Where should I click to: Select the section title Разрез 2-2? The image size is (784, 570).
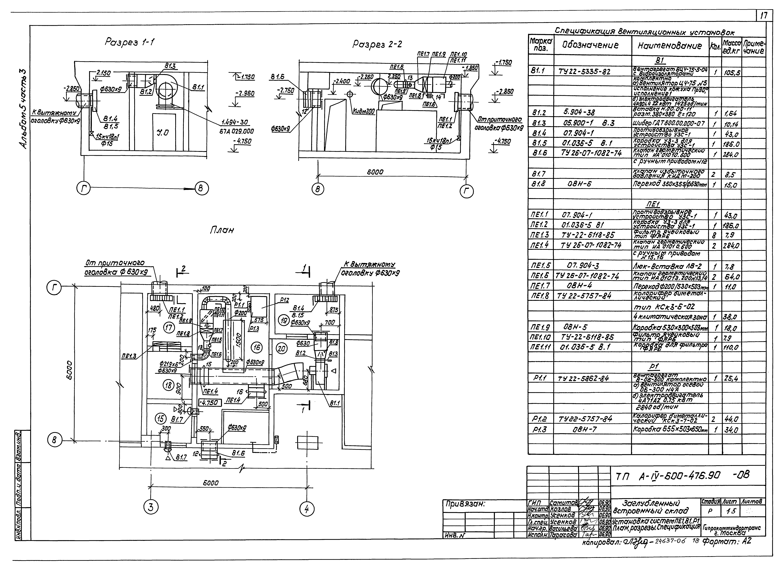tap(377, 44)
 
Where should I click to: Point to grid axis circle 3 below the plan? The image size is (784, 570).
tap(151, 508)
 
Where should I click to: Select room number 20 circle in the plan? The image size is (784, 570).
tap(282, 349)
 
